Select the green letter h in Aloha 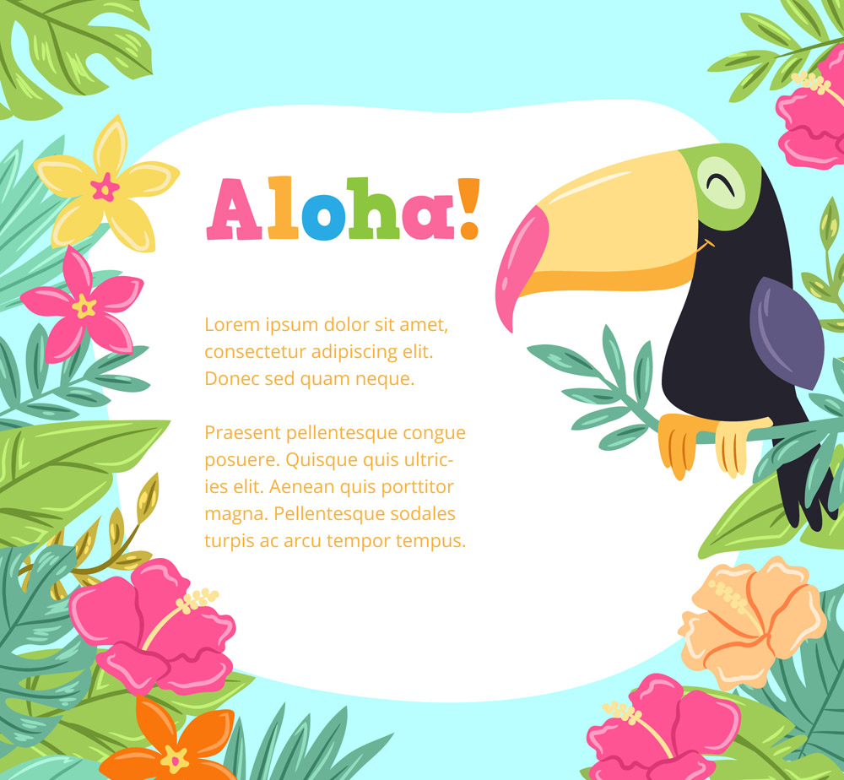373,208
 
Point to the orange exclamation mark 469,209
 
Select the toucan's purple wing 787,333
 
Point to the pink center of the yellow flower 105,187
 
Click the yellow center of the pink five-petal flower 84,306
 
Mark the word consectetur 256,352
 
